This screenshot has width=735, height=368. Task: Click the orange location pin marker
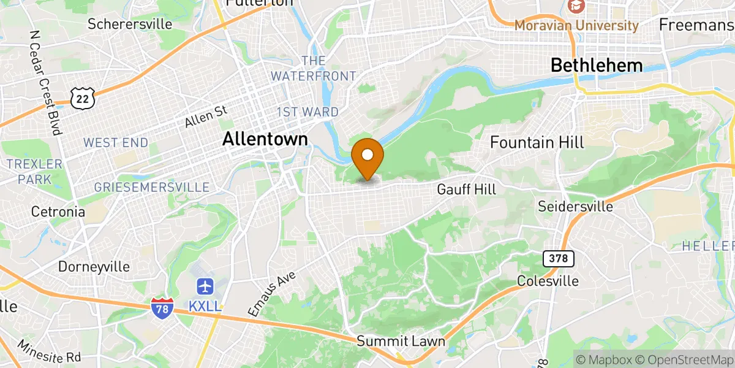(368, 158)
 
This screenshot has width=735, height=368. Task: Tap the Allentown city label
(265, 139)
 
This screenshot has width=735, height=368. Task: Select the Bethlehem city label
(597, 65)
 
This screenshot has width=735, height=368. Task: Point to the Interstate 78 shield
(162, 308)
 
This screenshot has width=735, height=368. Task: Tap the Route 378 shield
(559, 259)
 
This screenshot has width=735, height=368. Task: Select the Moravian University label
(576, 25)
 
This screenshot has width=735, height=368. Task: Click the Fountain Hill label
(537, 142)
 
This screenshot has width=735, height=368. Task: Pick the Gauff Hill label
(467, 190)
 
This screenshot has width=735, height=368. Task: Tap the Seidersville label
(575, 207)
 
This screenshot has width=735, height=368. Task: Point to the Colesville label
(548, 281)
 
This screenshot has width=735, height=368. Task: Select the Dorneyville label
(94, 267)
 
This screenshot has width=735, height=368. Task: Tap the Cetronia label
(58, 212)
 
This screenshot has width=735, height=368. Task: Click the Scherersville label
(130, 24)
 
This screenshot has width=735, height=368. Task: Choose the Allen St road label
(206, 117)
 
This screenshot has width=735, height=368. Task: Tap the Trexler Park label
(34, 172)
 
